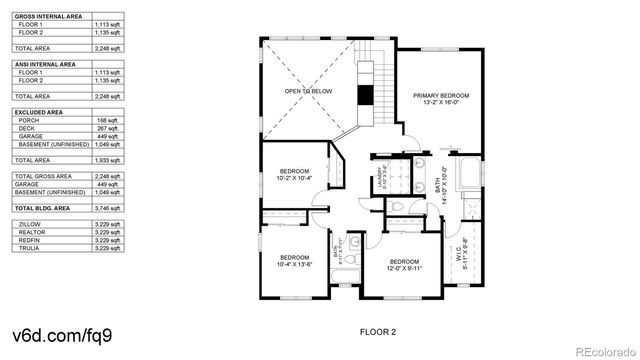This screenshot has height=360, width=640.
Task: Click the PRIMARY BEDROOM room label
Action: click(440, 98)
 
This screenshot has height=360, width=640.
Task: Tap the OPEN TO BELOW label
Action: click(307, 91)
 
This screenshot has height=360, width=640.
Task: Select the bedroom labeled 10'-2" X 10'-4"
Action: click(293, 173)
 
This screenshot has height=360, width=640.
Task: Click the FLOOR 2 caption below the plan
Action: click(378, 330)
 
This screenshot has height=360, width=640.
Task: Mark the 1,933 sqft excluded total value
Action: click(106, 159)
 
